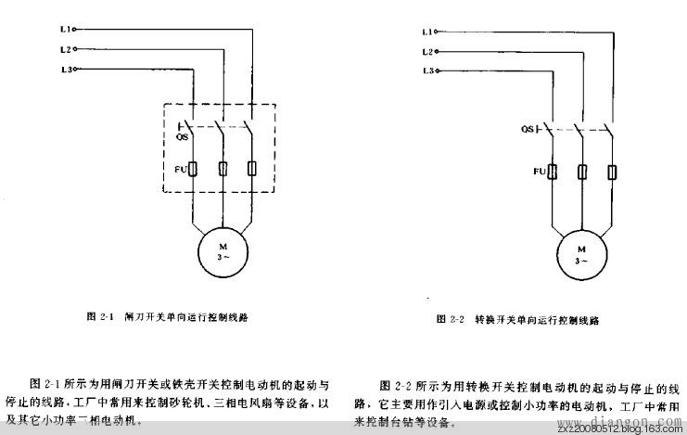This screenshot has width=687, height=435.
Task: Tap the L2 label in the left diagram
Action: (63, 49)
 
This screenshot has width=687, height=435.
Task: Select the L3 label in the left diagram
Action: (63, 70)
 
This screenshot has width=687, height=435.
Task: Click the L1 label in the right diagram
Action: (427, 31)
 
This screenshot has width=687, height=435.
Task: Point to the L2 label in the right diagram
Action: (427, 50)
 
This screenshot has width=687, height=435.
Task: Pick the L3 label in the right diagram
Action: (427, 70)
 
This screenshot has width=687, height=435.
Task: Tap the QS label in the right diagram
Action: (527, 129)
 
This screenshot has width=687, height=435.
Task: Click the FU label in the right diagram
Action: (539, 172)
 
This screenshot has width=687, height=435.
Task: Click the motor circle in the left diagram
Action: (222, 251)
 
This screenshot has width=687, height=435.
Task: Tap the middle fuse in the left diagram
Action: (223, 168)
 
